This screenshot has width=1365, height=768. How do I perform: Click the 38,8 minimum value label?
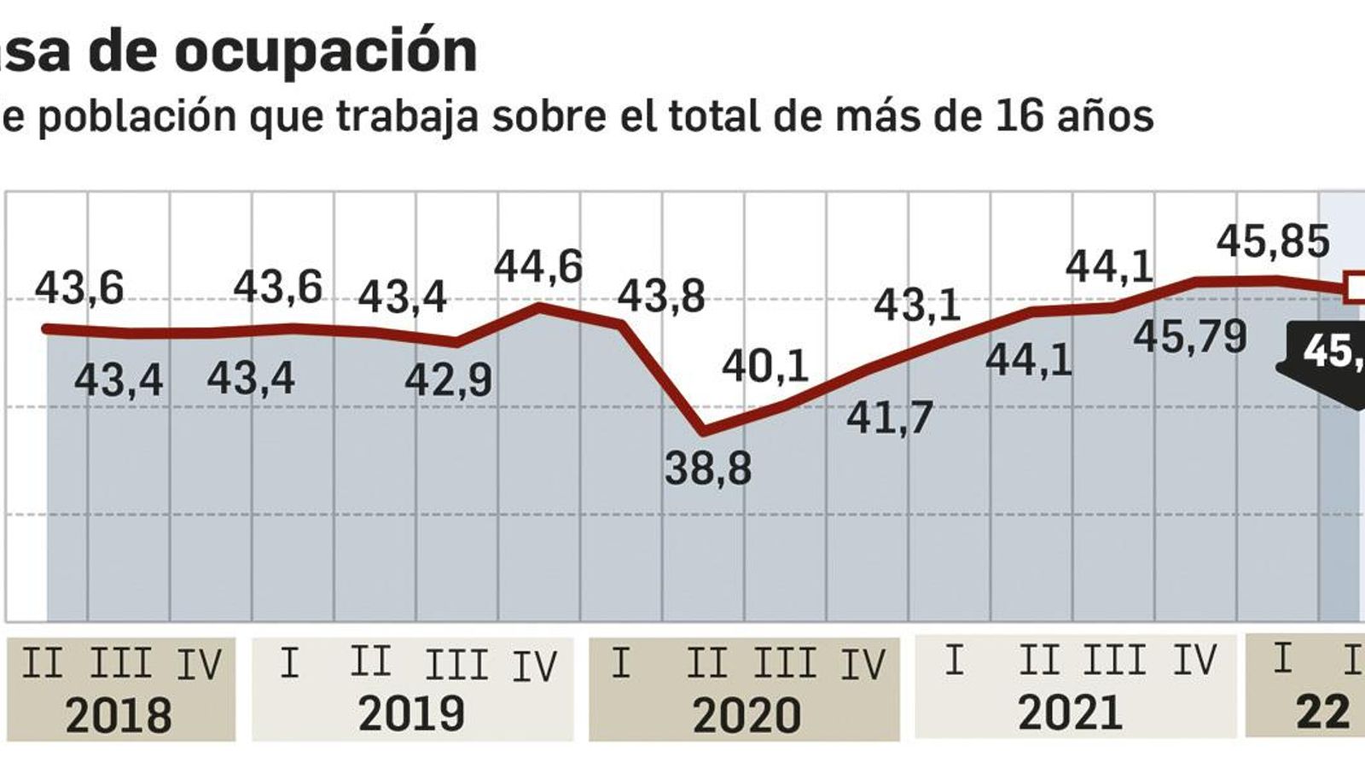[708, 469]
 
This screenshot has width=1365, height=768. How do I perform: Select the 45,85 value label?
[1273, 241]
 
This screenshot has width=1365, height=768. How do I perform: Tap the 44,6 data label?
[538, 266]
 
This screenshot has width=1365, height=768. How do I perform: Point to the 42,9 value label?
[448, 380]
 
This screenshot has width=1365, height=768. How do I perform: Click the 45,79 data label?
[1190, 337]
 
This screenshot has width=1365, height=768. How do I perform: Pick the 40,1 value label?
[765, 367]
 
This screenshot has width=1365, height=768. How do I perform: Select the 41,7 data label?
[890, 418]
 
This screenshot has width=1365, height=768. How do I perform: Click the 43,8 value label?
[661, 297]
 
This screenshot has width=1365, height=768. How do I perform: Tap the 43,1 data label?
[917, 305]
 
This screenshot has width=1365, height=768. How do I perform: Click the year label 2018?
[119, 715]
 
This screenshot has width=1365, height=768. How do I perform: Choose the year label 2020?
[746, 715]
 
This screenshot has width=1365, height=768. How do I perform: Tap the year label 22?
[1322, 711]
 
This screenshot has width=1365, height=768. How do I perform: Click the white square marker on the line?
[1355, 287]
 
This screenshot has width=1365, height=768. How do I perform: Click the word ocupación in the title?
[326, 51]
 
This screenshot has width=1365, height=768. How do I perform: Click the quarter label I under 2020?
[621, 663]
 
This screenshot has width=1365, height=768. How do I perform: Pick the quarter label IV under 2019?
[534, 666]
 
